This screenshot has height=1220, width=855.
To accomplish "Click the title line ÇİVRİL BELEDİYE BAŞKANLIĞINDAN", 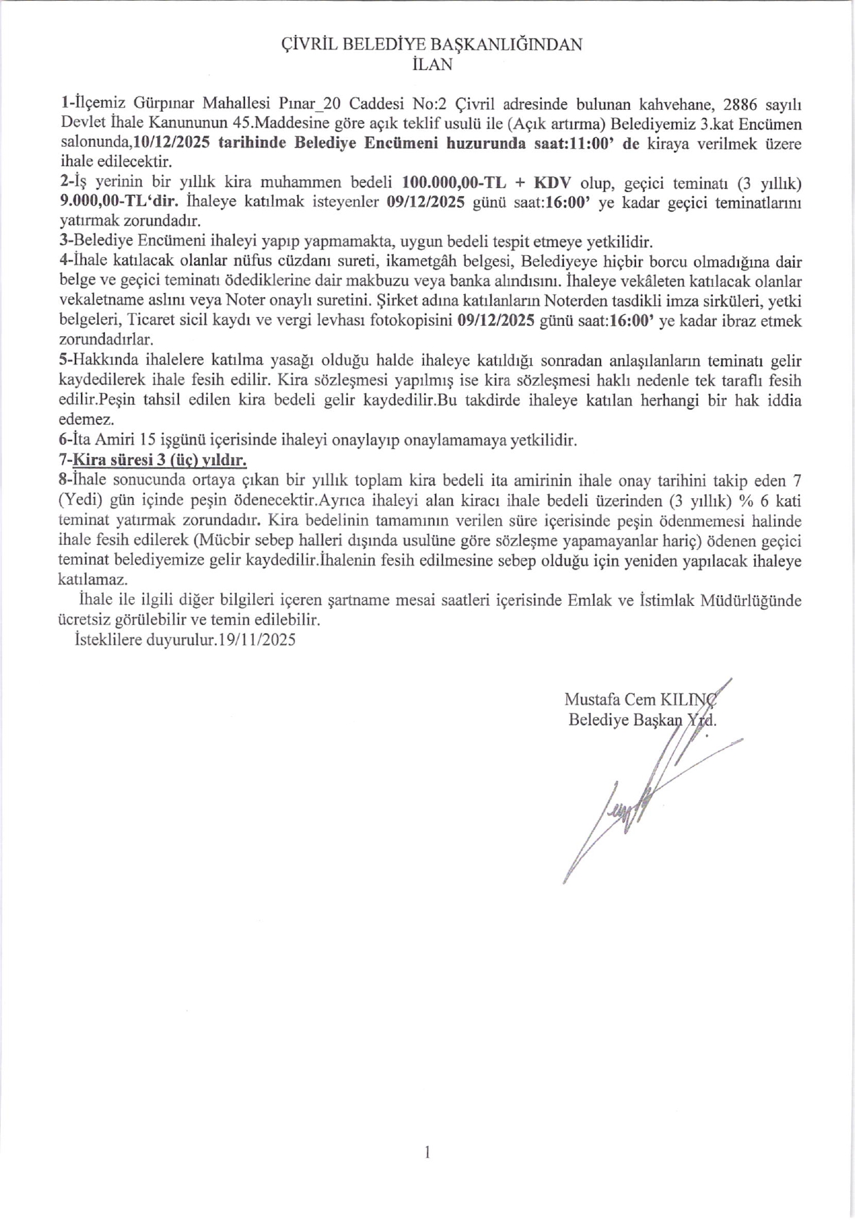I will coord(432,45).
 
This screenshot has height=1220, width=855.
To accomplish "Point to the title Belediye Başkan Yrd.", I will coord(642,720).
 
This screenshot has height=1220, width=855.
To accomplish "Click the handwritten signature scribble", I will coord(631,810).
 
